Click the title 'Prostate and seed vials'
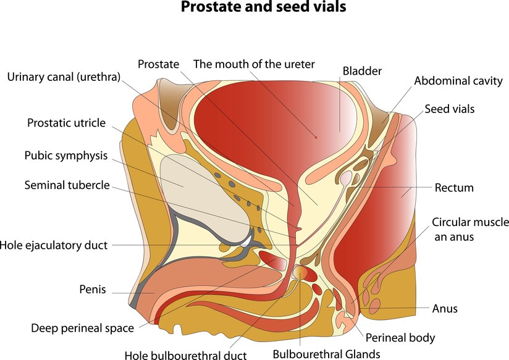254,9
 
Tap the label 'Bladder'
362,71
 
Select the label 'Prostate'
158,64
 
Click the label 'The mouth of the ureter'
254,64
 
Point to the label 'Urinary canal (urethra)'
64,77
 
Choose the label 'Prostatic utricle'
66,122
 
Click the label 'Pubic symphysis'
66,156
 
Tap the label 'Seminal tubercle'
67,185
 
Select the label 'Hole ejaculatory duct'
54,245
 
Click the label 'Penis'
93,288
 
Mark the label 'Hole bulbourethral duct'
185,354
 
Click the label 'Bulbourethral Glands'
327,354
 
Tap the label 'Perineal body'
400,338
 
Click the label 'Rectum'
454,188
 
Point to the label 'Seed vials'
449,109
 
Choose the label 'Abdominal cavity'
458,81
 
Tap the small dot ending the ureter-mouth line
316,136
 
